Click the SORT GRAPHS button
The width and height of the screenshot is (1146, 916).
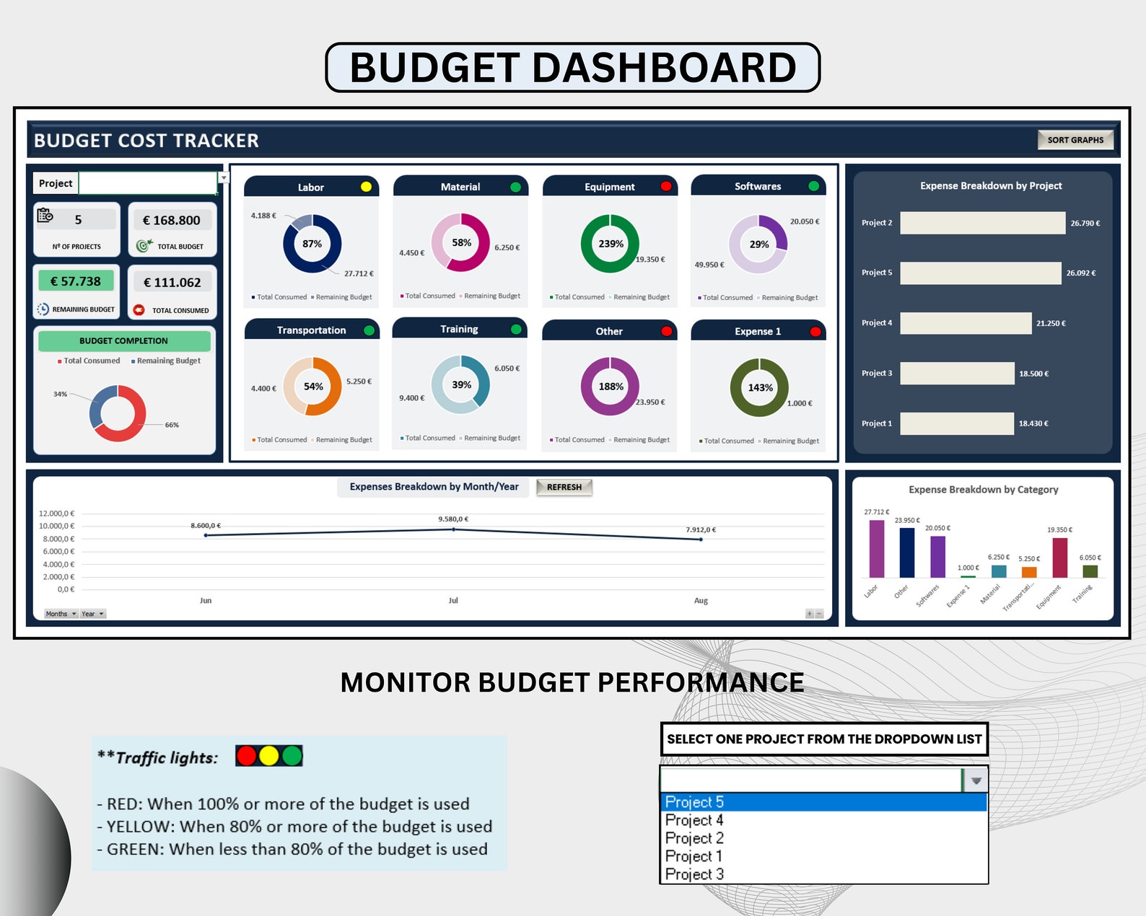point(1075,140)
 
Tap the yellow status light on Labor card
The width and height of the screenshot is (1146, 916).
point(366,187)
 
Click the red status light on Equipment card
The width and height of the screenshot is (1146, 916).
point(665,186)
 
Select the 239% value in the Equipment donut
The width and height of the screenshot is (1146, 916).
point(611,244)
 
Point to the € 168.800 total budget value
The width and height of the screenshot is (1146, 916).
point(172,220)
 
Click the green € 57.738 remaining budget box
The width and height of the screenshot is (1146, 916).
point(76,281)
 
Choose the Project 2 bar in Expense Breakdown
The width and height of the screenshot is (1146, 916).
point(982,223)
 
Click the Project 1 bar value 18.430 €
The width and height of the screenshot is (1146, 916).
point(1033,423)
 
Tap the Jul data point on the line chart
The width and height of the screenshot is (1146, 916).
point(453,529)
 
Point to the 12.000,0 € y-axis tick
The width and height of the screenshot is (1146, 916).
point(56,514)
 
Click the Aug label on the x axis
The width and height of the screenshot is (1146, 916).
point(701,600)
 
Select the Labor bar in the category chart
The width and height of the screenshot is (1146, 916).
point(876,548)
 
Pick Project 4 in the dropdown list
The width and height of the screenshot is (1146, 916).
point(694,820)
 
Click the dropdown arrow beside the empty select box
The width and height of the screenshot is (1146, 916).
point(976,780)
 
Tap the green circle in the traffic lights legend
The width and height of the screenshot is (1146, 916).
point(292,756)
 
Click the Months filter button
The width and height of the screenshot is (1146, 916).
point(61,614)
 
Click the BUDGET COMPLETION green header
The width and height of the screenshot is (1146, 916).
point(123,340)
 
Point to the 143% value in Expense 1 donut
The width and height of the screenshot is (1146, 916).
point(760,388)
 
